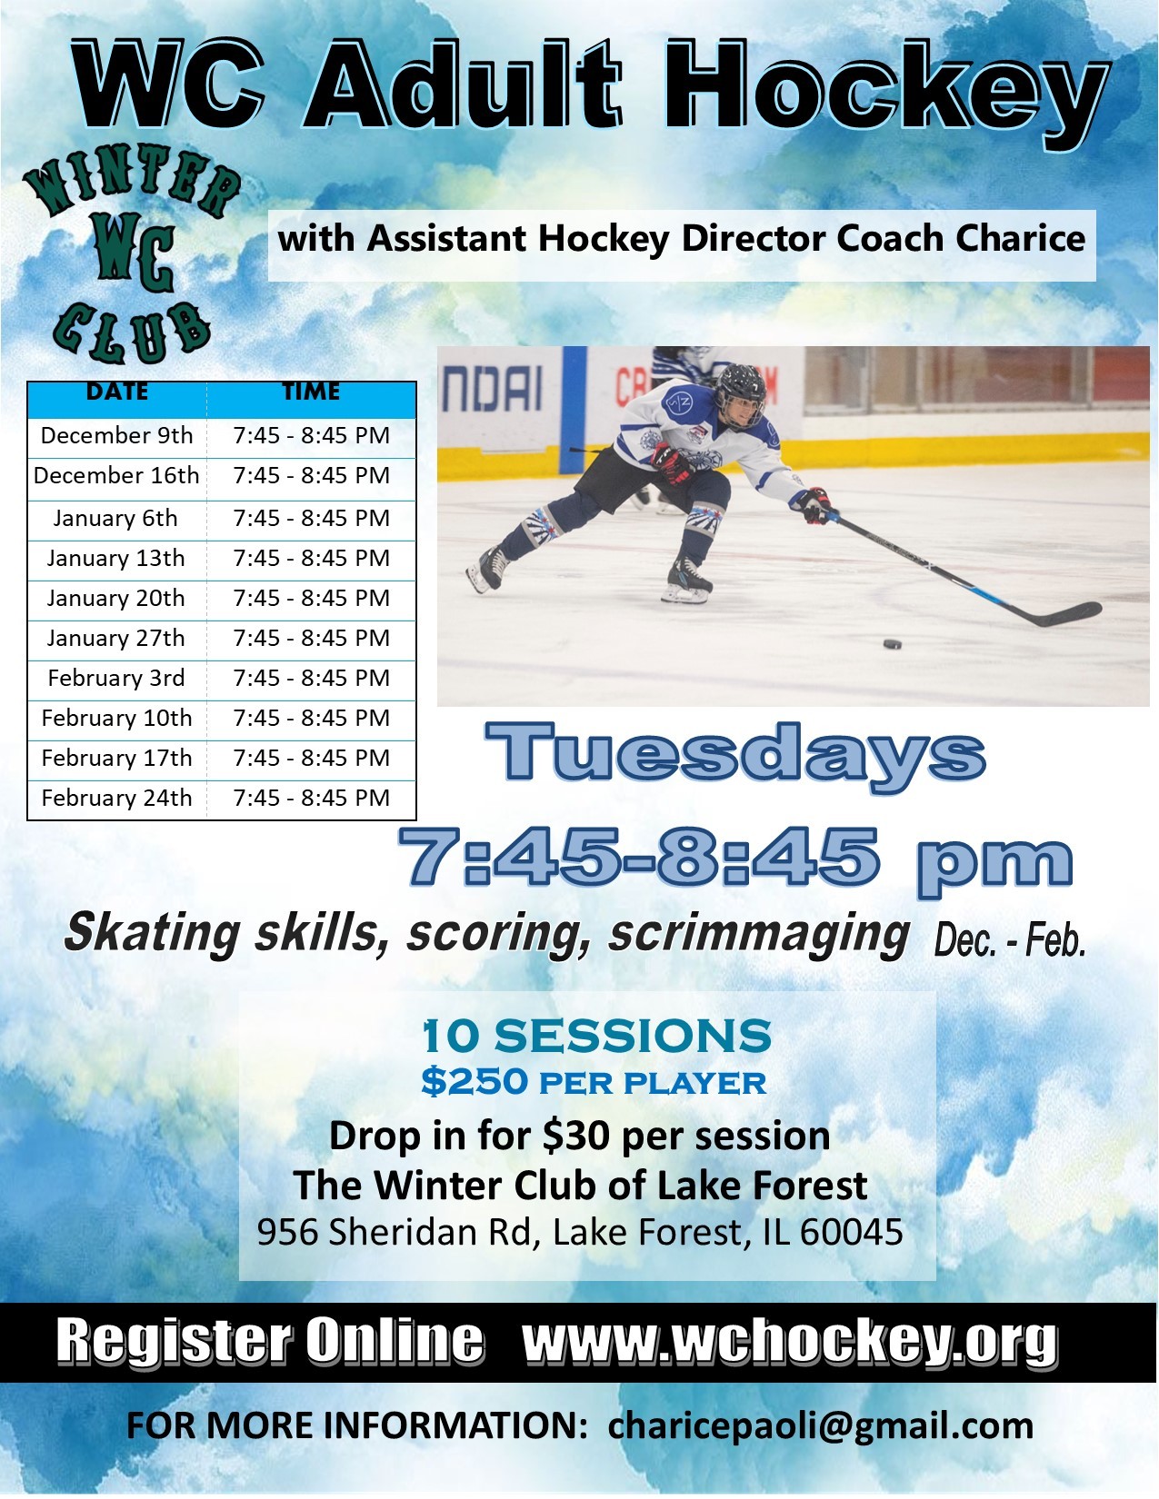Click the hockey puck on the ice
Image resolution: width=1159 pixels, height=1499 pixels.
coord(892,643)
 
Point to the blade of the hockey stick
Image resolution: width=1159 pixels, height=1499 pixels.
coord(1070,613)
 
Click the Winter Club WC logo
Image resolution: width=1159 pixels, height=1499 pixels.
coord(131,253)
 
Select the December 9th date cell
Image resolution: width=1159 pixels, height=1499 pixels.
coord(116,436)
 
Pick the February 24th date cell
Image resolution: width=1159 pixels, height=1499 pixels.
coord(116,799)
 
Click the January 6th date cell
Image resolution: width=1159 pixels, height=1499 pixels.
coord(116,518)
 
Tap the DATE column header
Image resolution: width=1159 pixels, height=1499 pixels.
coord(116,392)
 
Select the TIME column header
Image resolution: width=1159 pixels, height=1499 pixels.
coord(311,392)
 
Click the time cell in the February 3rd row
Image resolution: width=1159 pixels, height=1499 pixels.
coord(311,678)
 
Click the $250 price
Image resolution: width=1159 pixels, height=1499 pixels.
coord(475,1082)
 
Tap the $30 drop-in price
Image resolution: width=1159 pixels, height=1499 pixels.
coord(578,1137)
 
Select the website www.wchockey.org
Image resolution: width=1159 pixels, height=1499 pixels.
coord(790,1341)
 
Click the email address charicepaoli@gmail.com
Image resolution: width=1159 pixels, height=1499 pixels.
coord(820,1426)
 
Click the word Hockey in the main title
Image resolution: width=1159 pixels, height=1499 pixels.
coord(886,90)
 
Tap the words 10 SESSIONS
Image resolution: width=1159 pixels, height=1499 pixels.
coord(596,1036)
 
